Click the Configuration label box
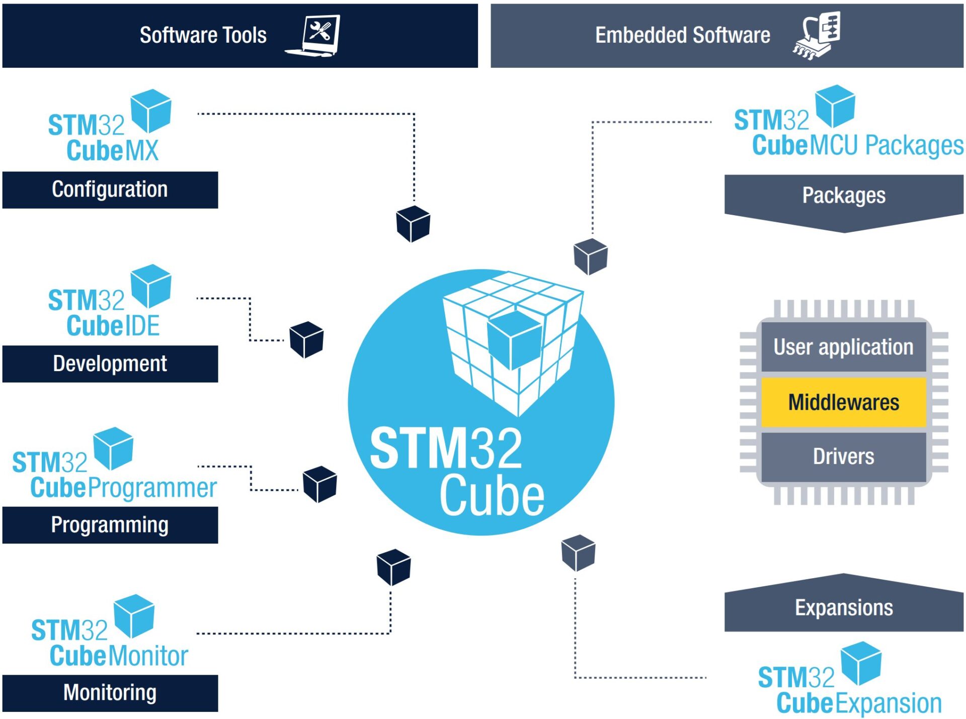[110, 190]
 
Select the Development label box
[110, 364]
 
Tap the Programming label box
[110, 525]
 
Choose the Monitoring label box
[110, 692]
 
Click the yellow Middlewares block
[843, 402]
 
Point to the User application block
[843, 347]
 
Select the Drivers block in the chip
[843, 457]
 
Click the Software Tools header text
[203, 35]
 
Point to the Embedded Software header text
[682, 35]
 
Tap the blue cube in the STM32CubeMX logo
[150, 111]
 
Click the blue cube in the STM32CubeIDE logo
[150, 286]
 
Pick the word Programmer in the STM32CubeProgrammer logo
[152, 488]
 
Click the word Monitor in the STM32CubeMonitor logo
[148, 656]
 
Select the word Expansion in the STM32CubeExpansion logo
[888, 703]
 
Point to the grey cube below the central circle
[578, 553]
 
